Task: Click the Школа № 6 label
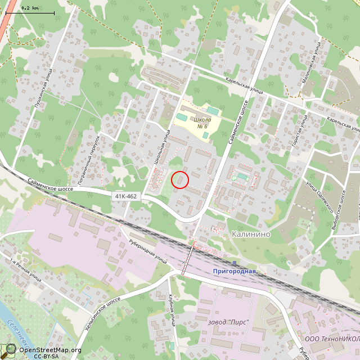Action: (x=202, y=123)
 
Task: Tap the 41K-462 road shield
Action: (x=126, y=196)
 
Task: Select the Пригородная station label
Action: (x=234, y=271)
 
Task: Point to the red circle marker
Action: (x=179, y=180)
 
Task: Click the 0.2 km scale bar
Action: (x=30, y=11)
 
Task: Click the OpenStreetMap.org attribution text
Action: (x=50, y=350)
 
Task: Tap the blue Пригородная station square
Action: (x=234, y=263)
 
